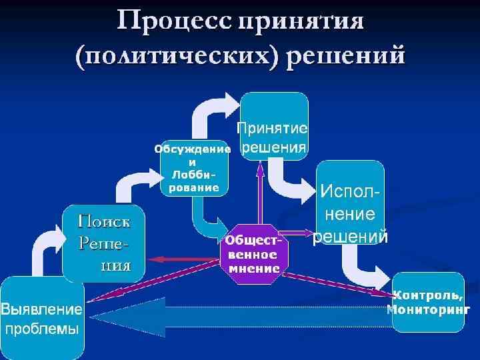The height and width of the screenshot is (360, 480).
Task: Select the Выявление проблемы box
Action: tap(41, 318)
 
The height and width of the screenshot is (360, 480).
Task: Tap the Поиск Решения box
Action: tap(104, 243)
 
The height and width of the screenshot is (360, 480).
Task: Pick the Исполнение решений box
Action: tap(350, 202)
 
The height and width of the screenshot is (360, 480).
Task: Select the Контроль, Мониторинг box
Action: tap(427, 302)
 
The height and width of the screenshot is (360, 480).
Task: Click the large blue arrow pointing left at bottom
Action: tap(240, 315)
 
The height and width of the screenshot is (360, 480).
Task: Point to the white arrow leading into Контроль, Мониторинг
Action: tap(364, 270)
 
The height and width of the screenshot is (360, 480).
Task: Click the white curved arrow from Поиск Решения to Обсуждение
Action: tap(131, 183)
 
